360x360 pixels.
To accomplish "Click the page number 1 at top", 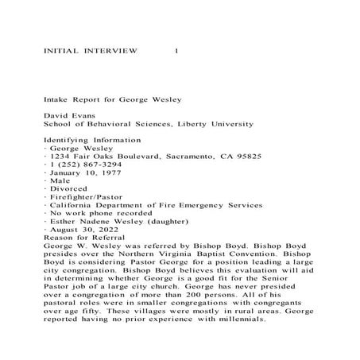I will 176,49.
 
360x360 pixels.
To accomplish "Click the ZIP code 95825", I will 248,157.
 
